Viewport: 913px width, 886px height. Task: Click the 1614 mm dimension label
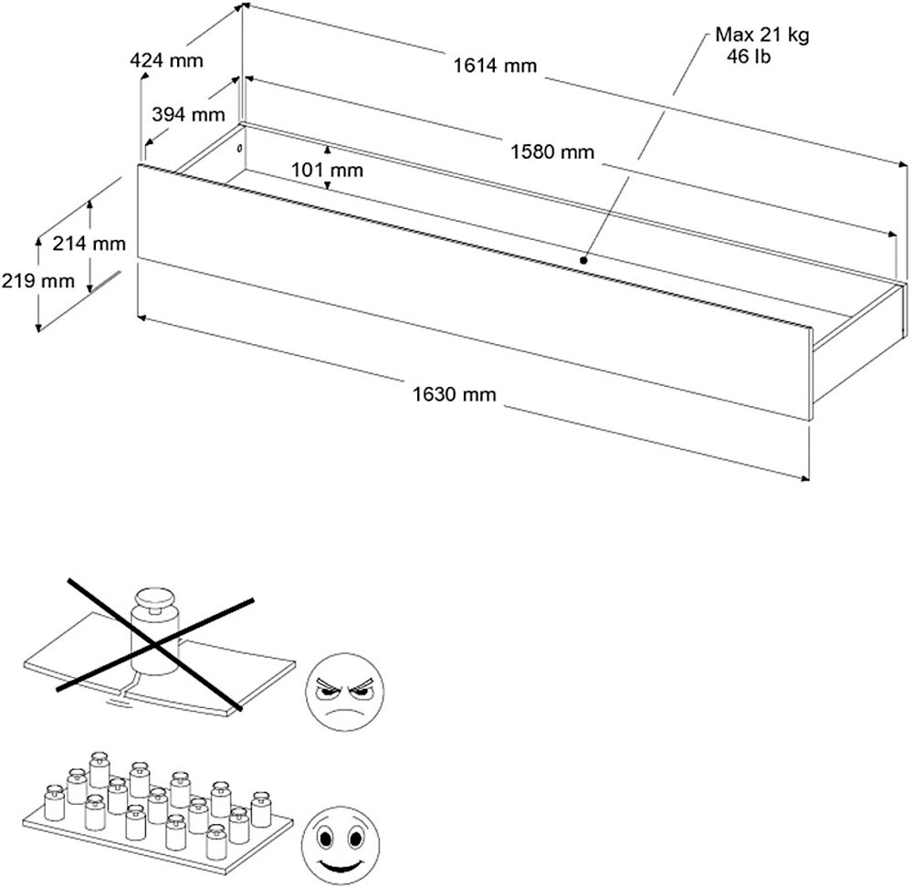coord(494,66)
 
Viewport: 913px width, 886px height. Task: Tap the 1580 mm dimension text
coord(553,152)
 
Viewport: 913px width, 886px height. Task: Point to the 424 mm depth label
coord(167,61)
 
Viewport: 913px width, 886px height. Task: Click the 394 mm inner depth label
coord(188,114)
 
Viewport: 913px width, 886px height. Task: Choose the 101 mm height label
coord(327,170)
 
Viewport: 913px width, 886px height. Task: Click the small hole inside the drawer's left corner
coord(239,148)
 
